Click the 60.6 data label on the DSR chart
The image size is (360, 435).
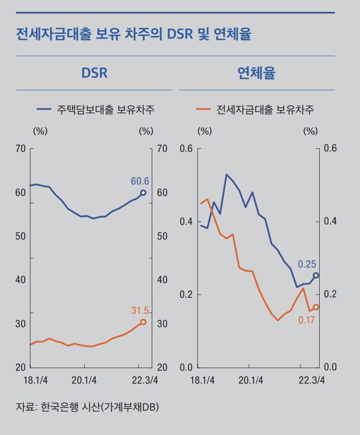(140, 181)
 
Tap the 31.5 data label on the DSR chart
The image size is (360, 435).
(140, 311)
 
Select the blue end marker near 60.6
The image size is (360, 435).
(143, 193)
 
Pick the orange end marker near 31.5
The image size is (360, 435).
(143, 322)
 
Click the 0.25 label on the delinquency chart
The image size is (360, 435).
(307, 264)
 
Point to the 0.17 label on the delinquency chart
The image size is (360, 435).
(306, 320)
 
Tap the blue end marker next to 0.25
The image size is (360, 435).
(316, 275)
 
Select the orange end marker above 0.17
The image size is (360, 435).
(316, 307)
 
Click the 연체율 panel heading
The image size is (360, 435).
(256, 73)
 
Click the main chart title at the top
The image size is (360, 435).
(133, 34)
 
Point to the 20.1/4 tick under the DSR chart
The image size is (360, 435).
(84, 380)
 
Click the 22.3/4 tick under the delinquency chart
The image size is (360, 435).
(311, 380)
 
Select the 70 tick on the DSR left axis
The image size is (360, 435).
(20, 149)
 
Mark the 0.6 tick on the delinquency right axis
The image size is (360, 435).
(330, 149)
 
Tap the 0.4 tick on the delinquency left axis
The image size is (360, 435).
(186, 222)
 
